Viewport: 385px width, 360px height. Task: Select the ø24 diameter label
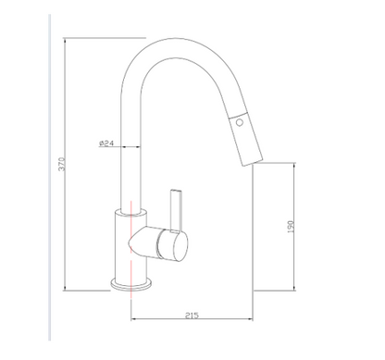(x=105, y=143)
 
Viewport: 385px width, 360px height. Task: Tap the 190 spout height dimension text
(x=291, y=225)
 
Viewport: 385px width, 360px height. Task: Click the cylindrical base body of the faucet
(x=130, y=250)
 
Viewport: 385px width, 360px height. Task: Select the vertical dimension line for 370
(x=67, y=167)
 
